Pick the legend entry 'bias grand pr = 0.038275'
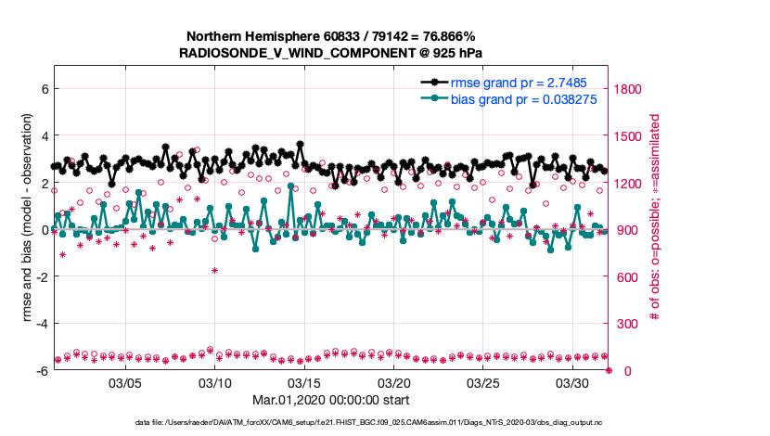tap(522, 98)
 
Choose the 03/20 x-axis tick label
tap(394, 382)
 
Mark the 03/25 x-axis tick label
tap(483, 382)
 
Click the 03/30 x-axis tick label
tap(572, 382)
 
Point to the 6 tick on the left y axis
tap(44, 89)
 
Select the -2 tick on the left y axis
tap(41, 276)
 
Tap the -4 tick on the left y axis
tap(41, 324)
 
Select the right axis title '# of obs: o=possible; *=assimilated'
tap(655, 218)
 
